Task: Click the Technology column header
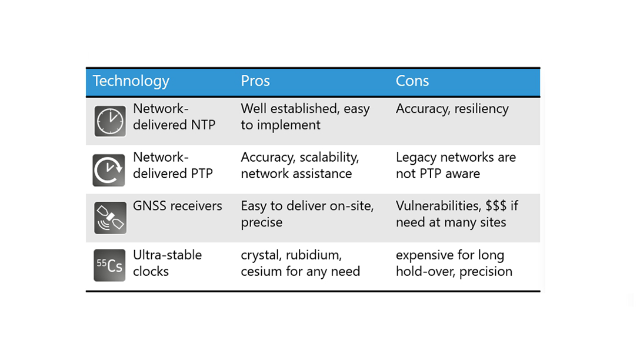point(131,81)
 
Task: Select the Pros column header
point(255,81)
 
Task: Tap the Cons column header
point(412,81)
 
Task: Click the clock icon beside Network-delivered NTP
point(110,121)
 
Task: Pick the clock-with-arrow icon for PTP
point(109,170)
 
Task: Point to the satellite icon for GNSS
point(110,218)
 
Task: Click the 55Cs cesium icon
point(109,266)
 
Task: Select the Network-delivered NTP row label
point(174,116)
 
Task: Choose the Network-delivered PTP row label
point(172,165)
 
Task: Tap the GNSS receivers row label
point(177,206)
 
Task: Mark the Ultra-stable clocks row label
point(167,263)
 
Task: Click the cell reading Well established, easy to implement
point(305,116)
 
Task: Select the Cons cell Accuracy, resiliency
point(452,109)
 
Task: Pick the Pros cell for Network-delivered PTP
point(299,165)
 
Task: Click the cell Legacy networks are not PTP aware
point(455,165)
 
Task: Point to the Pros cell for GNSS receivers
point(306,214)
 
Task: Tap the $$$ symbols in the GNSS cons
point(496,206)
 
